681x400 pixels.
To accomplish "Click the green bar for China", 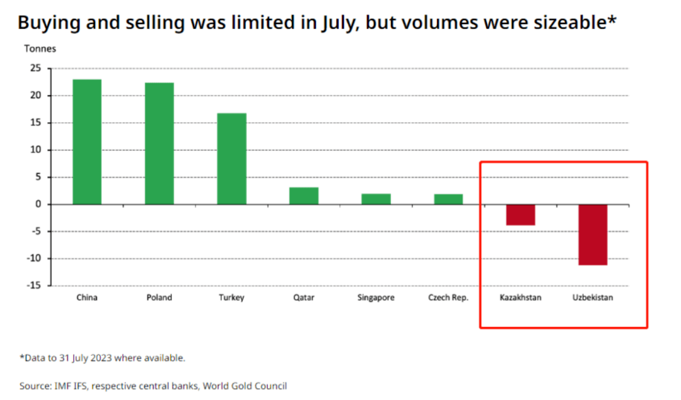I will tap(87, 142).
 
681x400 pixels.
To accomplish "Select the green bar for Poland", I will tap(159, 144).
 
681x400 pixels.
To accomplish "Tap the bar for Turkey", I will tap(231, 159).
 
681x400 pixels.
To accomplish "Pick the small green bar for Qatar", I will tap(304, 196).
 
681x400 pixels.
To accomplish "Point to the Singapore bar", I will tap(376, 199).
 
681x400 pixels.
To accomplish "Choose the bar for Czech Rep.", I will tap(448, 199).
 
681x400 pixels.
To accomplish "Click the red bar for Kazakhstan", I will tap(520, 215).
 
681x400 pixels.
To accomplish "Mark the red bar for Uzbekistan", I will tap(593, 234).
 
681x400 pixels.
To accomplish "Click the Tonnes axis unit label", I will tap(40, 49).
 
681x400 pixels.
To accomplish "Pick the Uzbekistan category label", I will tap(593, 298).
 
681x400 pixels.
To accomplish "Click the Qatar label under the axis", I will tap(304, 298).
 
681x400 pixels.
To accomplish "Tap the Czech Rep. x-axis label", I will tap(448, 298).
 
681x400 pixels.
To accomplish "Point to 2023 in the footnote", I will tap(102, 358).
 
